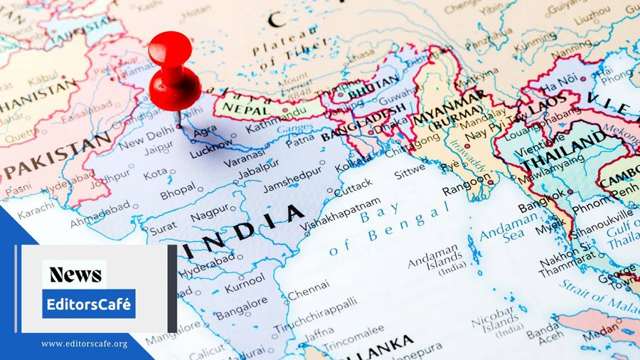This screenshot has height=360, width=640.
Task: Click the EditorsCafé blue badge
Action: pyautogui.click(x=88, y=304)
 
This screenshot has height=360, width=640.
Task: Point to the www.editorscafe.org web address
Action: pyautogui.click(x=84, y=344)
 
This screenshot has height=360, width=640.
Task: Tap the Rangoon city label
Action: pyautogui.click(x=466, y=189)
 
